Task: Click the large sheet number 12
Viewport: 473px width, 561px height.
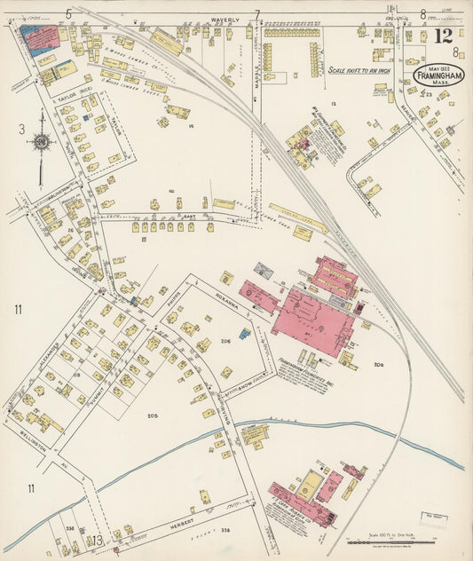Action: coord(443,36)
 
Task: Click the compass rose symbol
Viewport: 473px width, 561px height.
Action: coord(41,140)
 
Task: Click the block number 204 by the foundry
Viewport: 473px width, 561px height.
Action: coord(379,365)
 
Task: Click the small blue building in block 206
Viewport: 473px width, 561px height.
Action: coord(245,334)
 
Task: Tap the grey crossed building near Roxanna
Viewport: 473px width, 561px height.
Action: coord(264,269)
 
